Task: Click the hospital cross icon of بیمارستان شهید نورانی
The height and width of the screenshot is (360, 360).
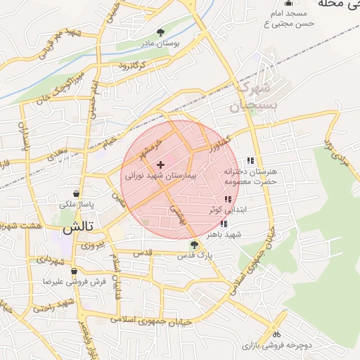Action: click(160, 165)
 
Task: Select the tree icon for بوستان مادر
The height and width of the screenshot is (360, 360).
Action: click(161, 32)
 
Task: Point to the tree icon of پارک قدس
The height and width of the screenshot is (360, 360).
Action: click(194, 245)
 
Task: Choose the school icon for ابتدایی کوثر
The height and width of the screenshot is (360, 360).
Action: click(227, 200)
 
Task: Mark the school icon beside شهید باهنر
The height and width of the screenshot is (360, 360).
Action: click(224, 224)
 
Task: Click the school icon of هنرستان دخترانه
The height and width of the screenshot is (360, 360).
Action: click(251, 160)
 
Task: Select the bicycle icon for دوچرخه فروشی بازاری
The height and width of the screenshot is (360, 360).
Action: click(277, 335)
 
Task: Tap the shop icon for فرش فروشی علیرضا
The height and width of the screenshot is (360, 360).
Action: click(74, 271)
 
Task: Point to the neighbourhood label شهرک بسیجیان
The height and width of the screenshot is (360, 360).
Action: click(250, 98)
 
